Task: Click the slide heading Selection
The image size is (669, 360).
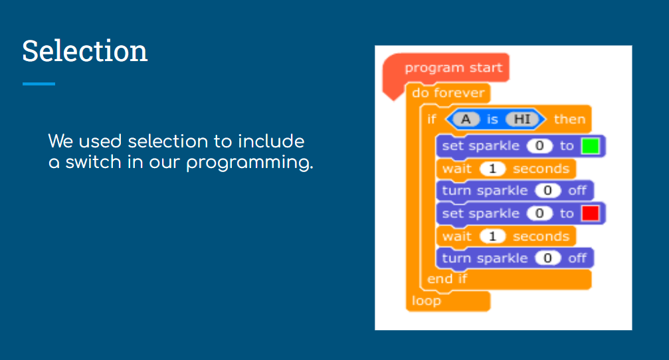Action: point(85,50)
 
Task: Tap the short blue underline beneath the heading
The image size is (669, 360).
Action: point(39,84)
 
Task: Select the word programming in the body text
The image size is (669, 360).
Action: point(250,163)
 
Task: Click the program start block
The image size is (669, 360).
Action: point(453,67)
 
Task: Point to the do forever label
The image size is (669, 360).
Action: point(448,92)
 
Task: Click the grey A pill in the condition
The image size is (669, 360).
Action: point(466,119)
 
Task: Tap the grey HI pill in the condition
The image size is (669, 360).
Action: point(522,119)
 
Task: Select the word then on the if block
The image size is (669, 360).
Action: point(569,119)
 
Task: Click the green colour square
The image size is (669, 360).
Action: point(591,146)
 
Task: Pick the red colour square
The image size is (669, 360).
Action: point(591,213)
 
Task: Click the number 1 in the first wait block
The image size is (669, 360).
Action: point(492,169)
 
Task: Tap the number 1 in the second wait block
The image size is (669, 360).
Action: point(492,236)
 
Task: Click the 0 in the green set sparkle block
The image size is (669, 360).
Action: point(539,146)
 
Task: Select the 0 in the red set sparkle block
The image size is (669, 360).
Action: point(539,213)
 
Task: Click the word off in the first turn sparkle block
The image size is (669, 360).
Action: point(577,190)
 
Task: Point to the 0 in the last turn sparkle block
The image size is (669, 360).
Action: point(547,258)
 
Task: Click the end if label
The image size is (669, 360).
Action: point(447,279)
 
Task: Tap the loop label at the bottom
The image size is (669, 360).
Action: point(427,301)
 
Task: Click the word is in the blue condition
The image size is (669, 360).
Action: point(492,120)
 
